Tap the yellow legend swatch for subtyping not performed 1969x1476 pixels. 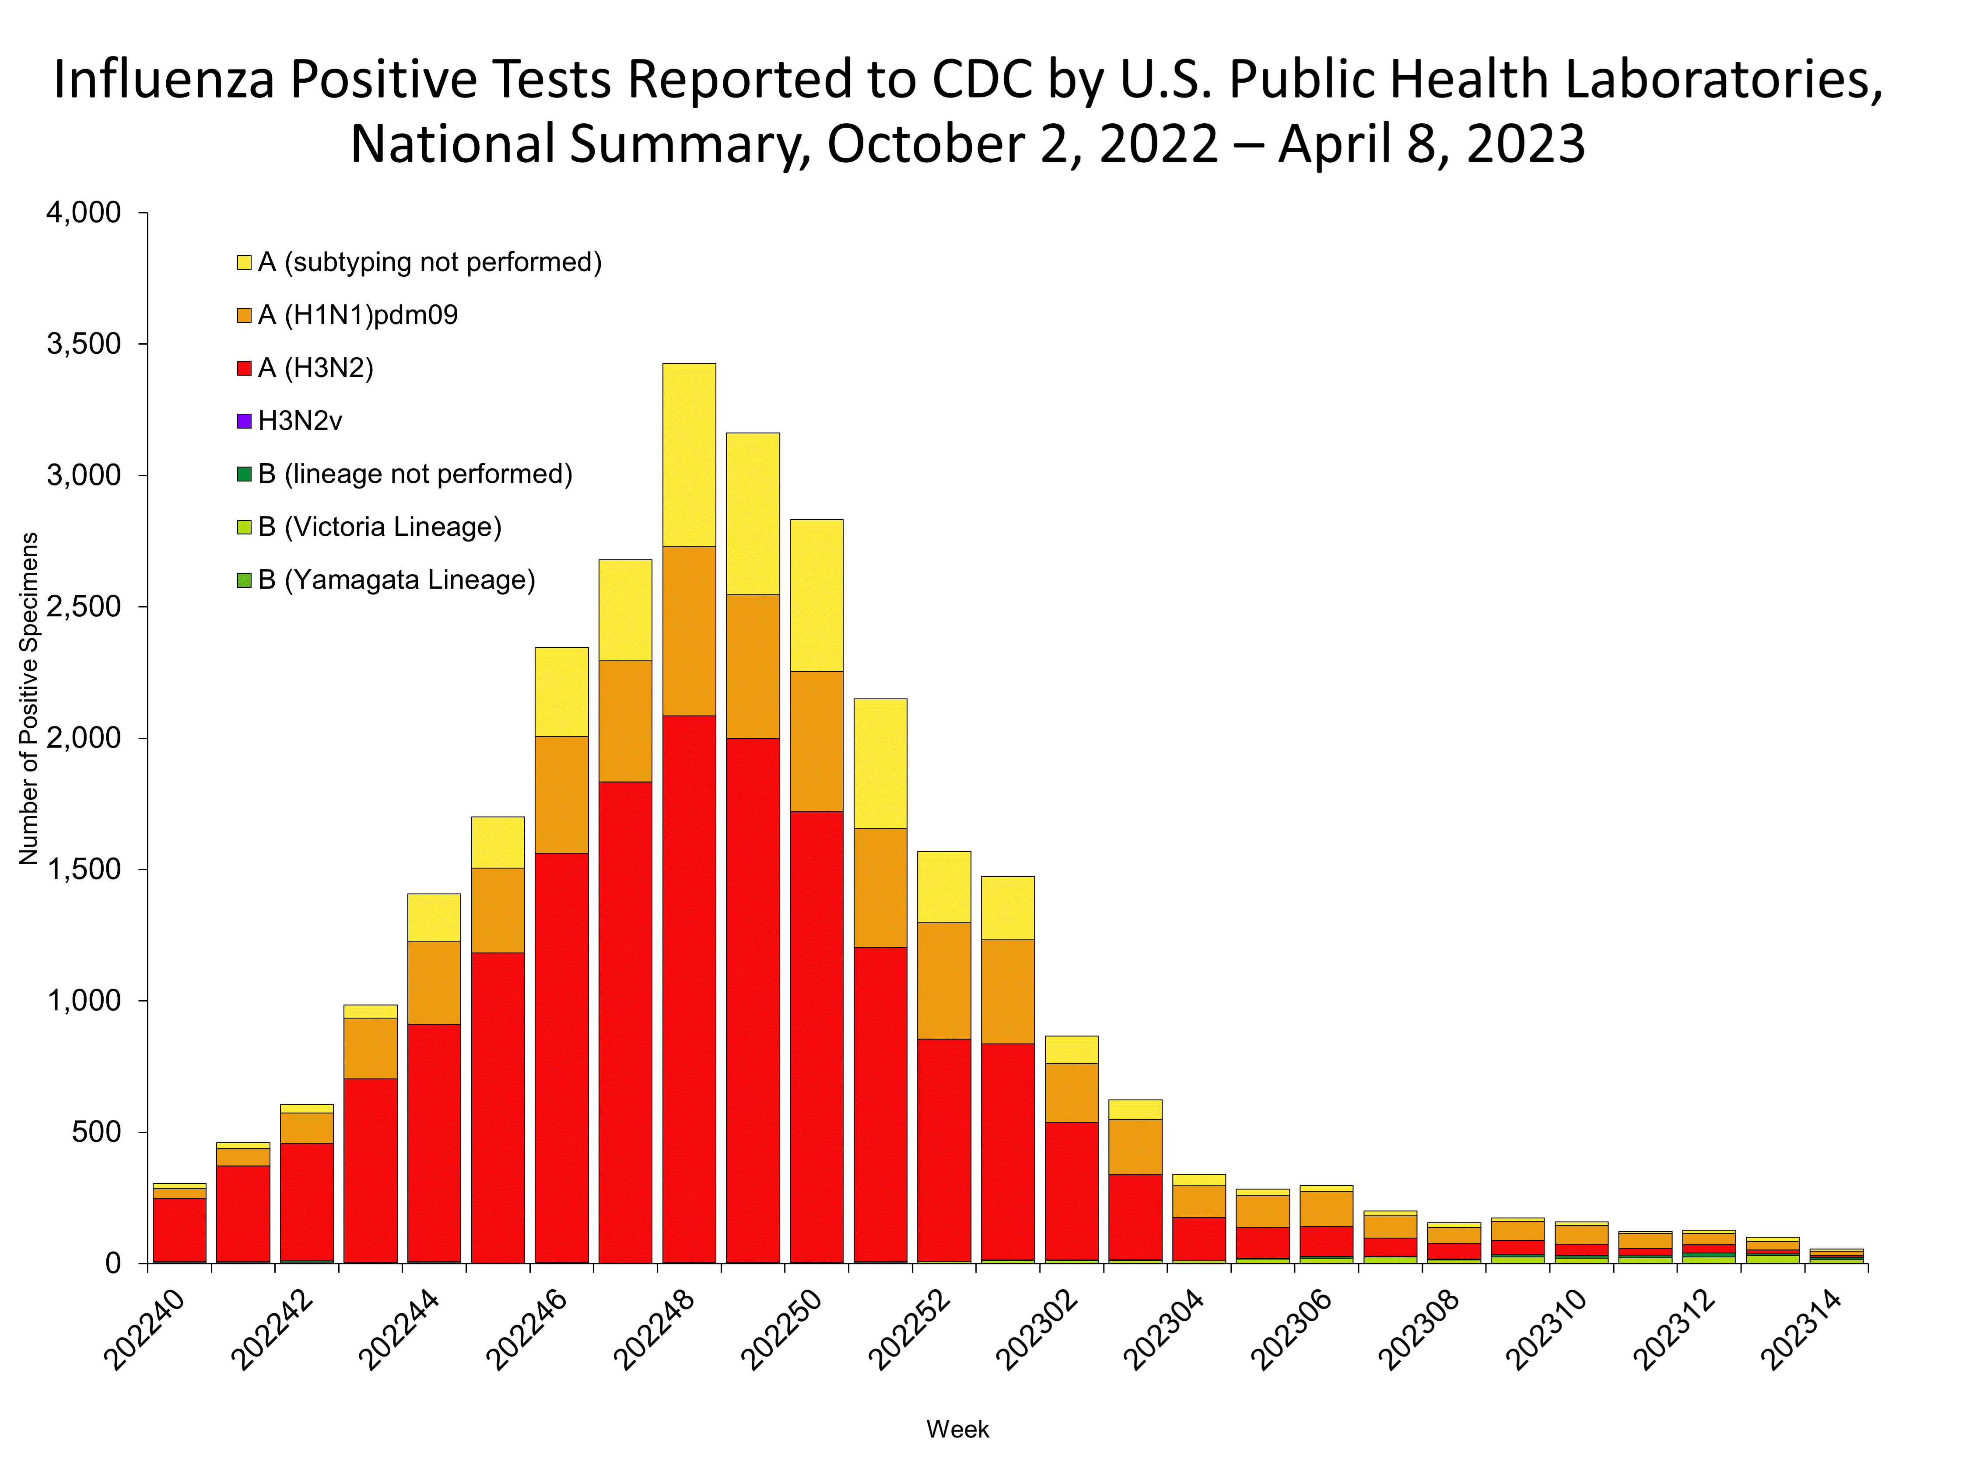tap(244, 262)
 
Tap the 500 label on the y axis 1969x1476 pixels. tap(98, 1132)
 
